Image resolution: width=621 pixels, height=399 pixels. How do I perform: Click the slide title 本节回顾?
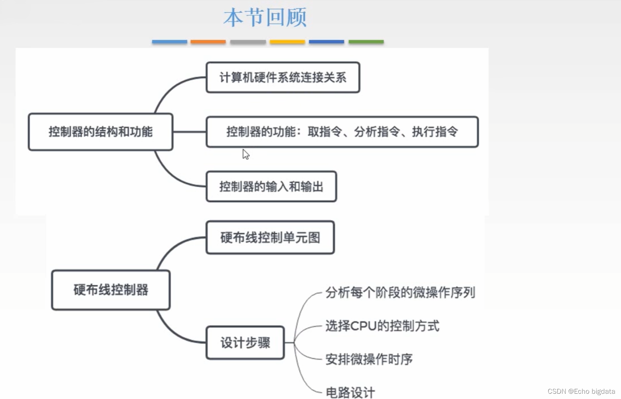click(x=265, y=18)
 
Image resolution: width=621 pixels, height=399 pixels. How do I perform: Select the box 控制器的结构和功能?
click(x=100, y=132)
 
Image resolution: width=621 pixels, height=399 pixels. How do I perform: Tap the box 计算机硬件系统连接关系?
click(x=283, y=77)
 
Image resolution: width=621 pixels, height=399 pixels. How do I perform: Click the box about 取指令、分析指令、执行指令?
click(x=342, y=132)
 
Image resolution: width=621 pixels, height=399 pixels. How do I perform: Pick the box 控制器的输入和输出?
click(x=271, y=186)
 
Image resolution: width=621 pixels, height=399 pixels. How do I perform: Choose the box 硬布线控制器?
click(x=111, y=290)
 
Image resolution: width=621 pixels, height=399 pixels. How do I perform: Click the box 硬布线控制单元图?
click(x=270, y=238)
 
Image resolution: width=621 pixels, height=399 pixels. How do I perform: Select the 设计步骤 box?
click(x=245, y=343)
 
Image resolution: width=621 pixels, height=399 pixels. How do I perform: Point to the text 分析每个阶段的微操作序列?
click(x=400, y=292)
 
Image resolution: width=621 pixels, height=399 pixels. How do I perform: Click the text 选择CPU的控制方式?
click(x=382, y=326)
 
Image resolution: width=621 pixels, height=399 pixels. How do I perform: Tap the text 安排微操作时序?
click(x=369, y=359)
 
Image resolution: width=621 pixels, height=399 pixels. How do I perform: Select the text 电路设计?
click(x=350, y=392)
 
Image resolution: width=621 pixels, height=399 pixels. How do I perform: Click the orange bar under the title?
click(x=208, y=42)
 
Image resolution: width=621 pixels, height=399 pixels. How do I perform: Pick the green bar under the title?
click(x=366, y=42)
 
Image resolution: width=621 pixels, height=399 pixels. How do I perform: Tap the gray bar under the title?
click(x=248, y=42)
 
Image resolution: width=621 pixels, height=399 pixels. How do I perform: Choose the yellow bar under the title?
click(x=287, y=42)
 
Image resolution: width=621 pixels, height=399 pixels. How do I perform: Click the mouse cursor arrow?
click(x=245, y=154)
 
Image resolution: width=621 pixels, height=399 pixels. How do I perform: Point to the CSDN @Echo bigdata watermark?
click(x=581, y=391)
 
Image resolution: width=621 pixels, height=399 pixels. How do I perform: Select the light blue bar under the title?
click(x=169, y=42)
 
